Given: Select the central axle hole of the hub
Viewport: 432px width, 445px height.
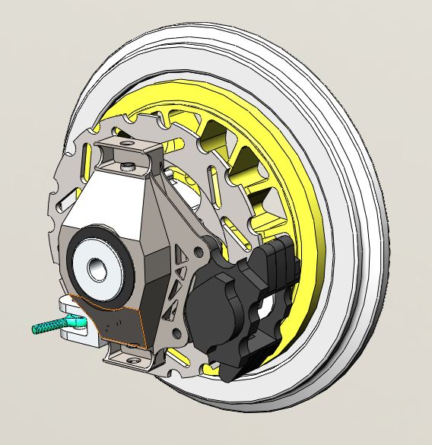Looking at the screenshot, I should pos(97,267).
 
